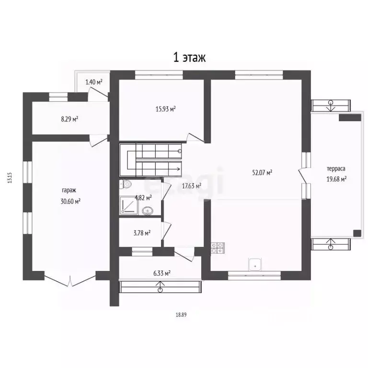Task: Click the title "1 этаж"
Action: [189, 57]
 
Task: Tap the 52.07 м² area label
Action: [262, 172]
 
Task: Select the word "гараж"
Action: [69, 190]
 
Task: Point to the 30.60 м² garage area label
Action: [70, 201]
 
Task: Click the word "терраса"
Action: [336, 169]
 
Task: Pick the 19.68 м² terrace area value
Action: [336, 179]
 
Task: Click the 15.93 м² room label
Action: [166, 109]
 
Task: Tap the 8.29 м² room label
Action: [69, 119]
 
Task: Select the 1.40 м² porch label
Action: [94, 82]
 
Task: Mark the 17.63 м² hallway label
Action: [192, 186]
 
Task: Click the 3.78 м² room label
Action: [142, 233]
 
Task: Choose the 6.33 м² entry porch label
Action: [162, 274]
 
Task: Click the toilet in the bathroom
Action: [125, 184]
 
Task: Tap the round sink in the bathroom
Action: [148, 210]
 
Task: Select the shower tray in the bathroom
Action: [128, 206]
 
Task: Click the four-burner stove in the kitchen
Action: [218, 248]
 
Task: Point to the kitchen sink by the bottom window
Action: [255, 264]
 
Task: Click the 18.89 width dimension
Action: [181, 315]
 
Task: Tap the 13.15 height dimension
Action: [10, 178]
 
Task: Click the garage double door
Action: [70, 281]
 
